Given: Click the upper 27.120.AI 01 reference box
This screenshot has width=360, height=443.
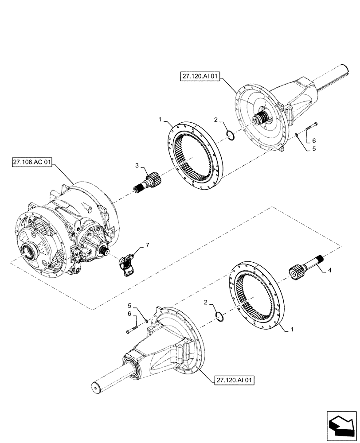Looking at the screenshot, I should point(200,77).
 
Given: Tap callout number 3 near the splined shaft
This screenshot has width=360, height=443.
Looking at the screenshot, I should point(137,166).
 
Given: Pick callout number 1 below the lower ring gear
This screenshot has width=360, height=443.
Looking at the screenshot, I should point(291,329).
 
